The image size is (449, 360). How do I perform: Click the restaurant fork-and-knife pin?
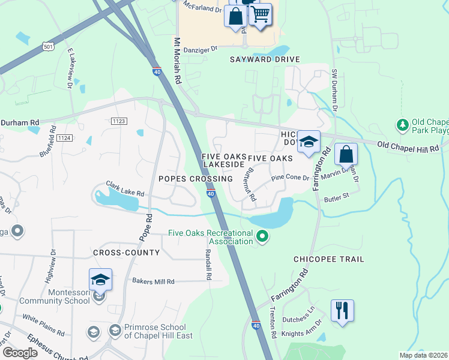(342, 311)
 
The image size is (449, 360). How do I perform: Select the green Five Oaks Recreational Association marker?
(262, 237)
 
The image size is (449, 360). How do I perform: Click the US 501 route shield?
(48, 45)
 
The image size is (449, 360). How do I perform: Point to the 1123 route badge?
(119, 121)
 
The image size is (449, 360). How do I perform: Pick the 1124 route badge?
(65, 139)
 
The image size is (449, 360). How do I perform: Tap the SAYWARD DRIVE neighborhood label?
(265, 60)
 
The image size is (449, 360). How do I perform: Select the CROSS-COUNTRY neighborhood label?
(126, 253)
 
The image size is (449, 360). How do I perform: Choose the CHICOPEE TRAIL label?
(328, 259)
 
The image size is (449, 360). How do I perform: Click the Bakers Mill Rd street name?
(153, 281)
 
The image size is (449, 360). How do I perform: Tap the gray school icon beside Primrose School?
(115, 331)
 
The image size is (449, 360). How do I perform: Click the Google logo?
(20, 353)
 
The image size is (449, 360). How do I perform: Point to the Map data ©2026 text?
(423, 355)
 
